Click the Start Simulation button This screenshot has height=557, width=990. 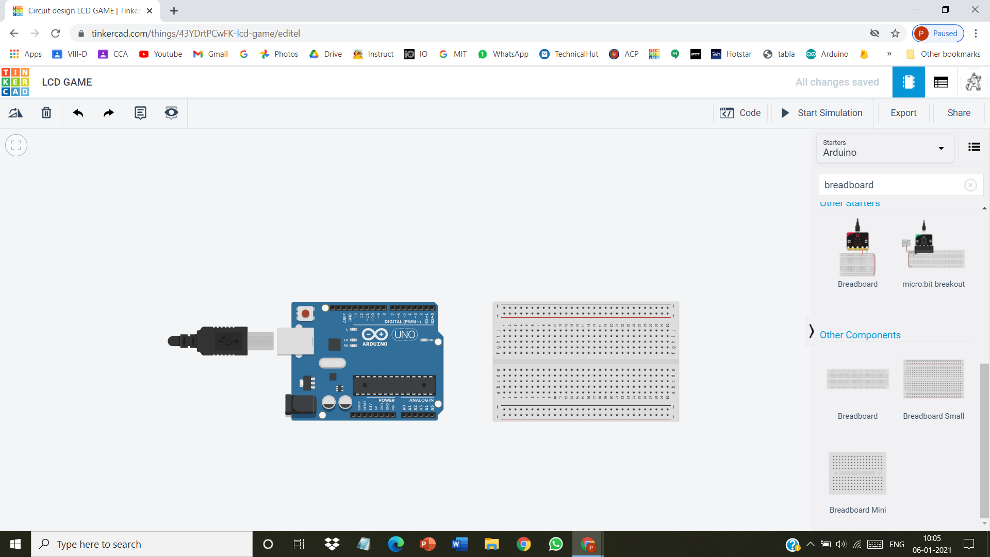click(821, 113)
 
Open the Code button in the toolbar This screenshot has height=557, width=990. click(740, 113)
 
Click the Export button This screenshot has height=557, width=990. click(903, 113)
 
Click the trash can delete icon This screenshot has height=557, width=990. click(46, 113)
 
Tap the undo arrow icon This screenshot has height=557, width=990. click(78, 113)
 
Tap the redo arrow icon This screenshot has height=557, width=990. click(108, 113)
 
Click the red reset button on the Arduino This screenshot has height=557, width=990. click(305, 313)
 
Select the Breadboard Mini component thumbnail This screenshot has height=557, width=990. click(857, 473)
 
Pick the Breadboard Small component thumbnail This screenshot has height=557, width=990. click(933, 380)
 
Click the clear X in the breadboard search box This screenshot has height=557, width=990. click(970, 185)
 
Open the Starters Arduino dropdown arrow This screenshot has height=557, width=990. click(941, 149)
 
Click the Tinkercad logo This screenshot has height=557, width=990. click(15, 82)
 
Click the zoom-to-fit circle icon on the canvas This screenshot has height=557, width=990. click(16, 145)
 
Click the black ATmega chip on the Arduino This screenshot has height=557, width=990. click(394, 385)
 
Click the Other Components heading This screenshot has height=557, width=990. click(860, 335)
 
